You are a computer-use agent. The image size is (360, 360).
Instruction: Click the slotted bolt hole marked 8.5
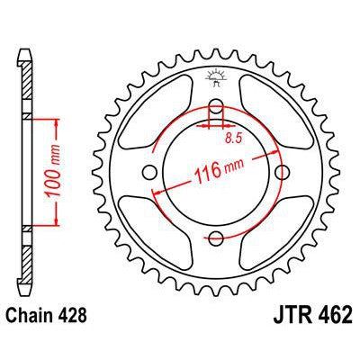(x=216, y=113)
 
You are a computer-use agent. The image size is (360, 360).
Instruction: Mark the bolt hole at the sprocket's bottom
(x=216, y=237)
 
